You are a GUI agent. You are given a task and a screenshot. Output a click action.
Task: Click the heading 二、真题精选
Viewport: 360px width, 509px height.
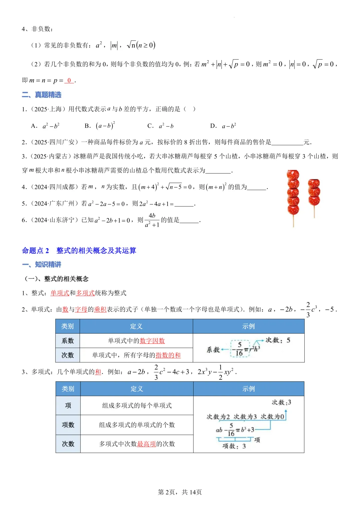(42, 95)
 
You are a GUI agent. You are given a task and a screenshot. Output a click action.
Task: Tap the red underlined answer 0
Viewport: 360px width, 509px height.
(69, 80)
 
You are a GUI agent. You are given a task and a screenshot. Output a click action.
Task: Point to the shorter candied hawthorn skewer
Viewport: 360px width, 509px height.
(314, 193)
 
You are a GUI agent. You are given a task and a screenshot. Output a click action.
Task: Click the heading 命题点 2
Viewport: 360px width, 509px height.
(35, 250)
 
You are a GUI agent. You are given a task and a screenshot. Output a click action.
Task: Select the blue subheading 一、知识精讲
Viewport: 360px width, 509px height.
(42, 264)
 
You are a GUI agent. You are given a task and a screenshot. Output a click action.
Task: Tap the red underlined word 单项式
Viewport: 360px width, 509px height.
(60, 293)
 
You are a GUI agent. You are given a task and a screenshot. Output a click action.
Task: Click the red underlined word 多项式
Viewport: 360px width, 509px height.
(85, 293)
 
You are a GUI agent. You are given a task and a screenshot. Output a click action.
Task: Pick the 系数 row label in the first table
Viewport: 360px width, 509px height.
(68, 341)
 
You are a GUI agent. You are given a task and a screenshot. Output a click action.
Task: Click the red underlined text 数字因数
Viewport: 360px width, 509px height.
(152, 341)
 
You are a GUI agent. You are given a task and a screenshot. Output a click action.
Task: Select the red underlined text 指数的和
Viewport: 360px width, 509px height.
(168, 355)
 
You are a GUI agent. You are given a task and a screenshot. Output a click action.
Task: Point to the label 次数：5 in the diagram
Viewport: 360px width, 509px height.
(278, 340)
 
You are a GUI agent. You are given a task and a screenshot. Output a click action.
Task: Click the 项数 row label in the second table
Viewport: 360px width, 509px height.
(68, 425)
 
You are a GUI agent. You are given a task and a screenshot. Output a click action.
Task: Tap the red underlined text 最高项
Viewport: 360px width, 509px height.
(146, 444)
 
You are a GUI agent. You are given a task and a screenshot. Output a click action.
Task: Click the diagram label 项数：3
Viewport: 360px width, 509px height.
(234, 446)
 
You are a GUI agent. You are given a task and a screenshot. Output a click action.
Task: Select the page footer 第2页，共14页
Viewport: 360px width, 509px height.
(180, 492)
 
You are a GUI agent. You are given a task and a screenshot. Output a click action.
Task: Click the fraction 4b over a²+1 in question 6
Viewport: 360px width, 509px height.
(152, 220)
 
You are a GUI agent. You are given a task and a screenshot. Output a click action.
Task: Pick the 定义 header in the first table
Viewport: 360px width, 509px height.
(136, 326)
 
